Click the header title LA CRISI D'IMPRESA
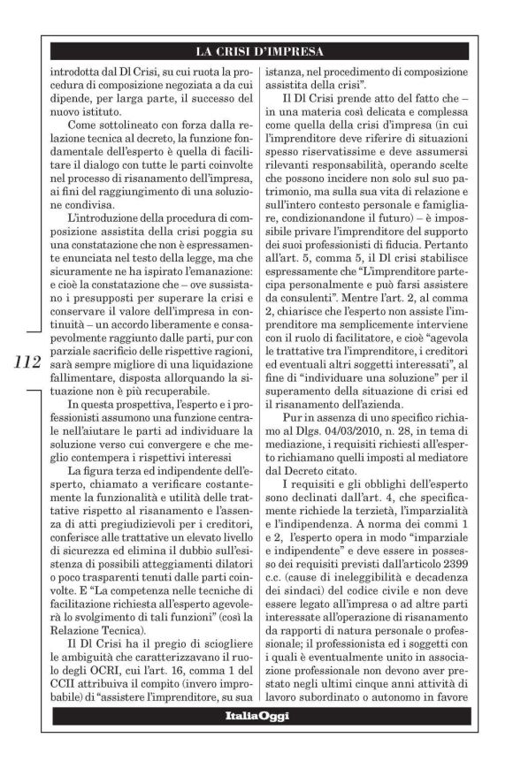tap(269, 50)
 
